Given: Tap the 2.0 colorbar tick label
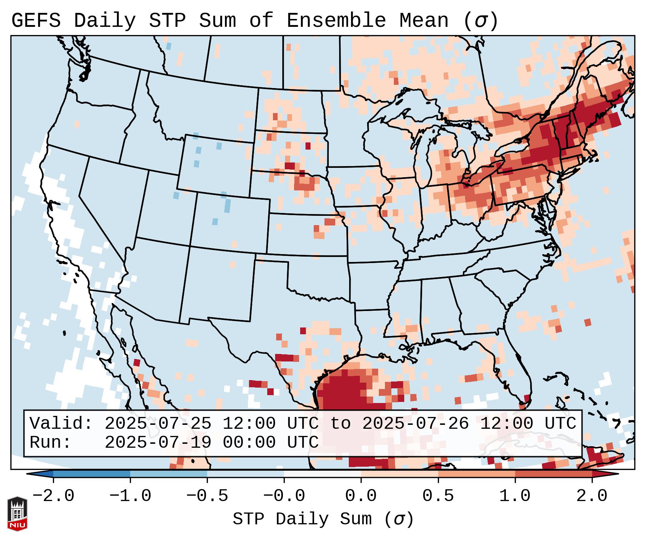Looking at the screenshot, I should pos(592,496).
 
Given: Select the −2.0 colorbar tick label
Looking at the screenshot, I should pos(53,496).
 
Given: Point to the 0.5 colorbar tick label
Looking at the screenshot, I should pos(438,496).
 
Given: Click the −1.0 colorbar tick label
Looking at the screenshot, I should pos(130,496).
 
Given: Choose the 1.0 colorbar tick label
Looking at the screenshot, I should pos(515,496).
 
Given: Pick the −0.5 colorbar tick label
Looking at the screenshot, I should pos(207,496).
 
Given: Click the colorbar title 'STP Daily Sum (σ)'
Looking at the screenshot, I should pos(323,519).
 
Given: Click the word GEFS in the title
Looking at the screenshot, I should pos(36,20).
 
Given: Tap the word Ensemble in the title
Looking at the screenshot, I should pos(336,20).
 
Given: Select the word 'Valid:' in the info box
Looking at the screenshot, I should pos(61,423).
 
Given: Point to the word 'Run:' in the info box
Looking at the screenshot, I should pos(50,442).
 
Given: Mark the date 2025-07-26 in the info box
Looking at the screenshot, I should pos(415,423).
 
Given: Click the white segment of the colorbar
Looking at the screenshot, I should pos(322,474).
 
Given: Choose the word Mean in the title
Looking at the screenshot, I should pos(424,20).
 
